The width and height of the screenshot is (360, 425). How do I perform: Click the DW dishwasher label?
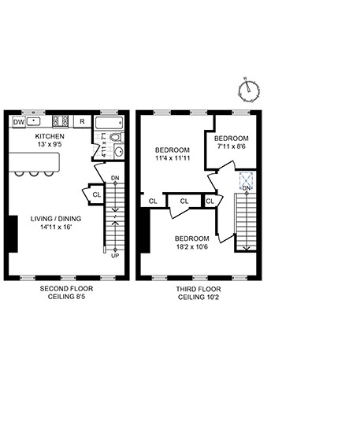[x=18, y=122]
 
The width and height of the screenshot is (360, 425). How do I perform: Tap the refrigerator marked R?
[x=82, y=122]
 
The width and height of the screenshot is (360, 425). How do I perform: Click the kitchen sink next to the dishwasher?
[x=35, y=122]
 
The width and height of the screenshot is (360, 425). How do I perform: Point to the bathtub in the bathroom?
[x=108, y=124]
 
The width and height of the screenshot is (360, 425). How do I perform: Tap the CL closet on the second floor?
[x=96, y=194]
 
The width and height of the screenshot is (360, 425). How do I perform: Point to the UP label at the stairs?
[x=115, y=255]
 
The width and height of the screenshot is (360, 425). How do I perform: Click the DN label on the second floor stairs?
[x=115, y=178]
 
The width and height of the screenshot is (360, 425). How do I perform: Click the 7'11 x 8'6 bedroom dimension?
[x=232, y=146]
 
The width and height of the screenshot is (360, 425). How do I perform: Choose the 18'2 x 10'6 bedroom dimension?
[x=191, y=247]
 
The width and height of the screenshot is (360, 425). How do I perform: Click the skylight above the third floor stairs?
[x=247, y=179]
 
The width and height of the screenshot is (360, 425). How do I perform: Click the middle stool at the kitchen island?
[x=38, y=174]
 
